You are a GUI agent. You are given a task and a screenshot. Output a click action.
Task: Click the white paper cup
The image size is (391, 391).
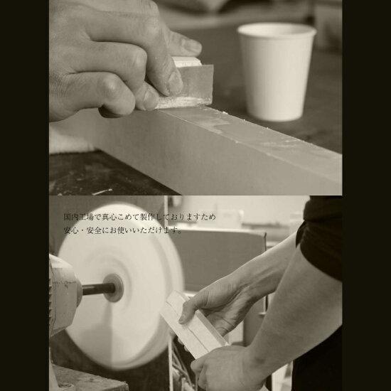(x=276, y=73)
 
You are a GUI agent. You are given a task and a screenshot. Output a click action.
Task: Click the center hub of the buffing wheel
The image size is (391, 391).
(x=114, y=288)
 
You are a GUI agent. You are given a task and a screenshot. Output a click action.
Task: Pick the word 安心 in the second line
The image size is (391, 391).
(x=71, y=230)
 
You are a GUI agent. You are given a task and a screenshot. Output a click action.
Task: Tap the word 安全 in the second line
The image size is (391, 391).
(x=94, y=230)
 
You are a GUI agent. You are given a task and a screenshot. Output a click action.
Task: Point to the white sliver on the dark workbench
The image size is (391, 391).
(x=102, y=191)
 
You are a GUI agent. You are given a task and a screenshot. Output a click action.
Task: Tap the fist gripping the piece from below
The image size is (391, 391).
(x=220, y=367)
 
